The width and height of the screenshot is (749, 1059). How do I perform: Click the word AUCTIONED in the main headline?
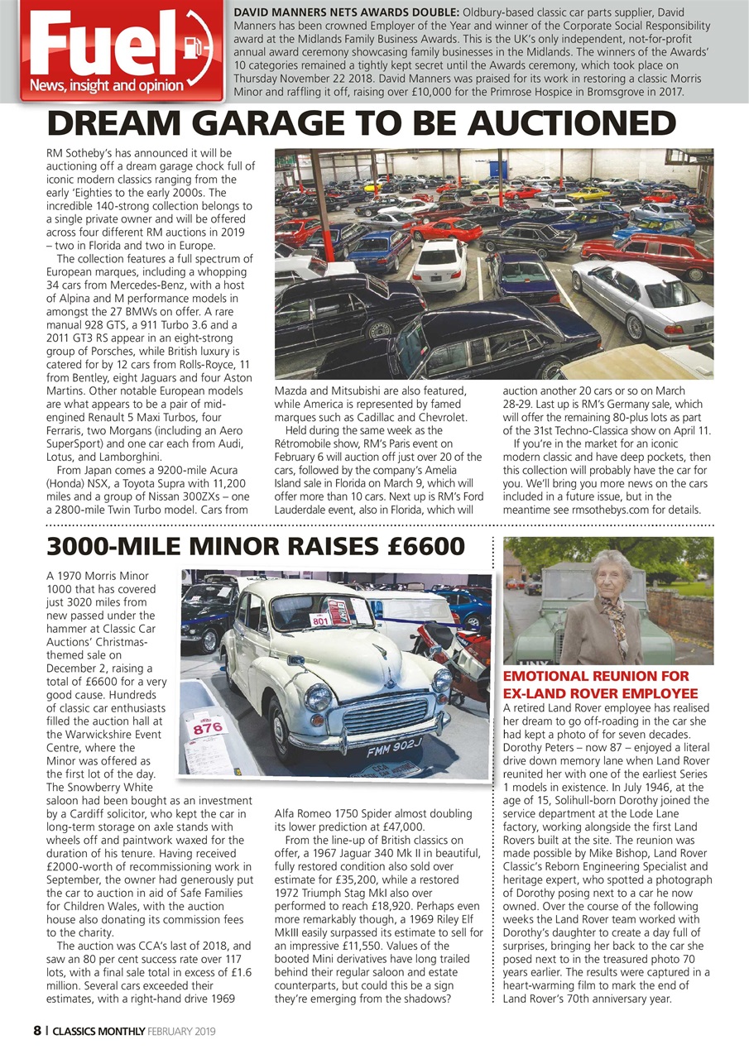pos(570,123)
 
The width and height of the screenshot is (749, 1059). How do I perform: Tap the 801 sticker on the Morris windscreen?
pos(319,620)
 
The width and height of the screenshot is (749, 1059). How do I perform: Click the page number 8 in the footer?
pos(36,1031)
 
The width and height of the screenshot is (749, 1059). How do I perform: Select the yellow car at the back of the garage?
pos(588,195)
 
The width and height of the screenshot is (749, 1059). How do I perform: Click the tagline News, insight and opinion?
pos(106,85)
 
